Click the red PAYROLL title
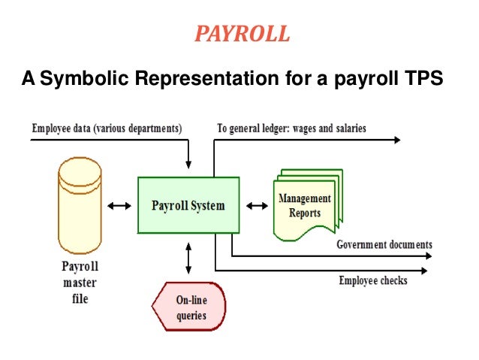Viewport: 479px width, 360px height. pyautogui.click(x=240, y=34)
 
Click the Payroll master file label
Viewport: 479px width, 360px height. pyautogui.click(x=80, y=282)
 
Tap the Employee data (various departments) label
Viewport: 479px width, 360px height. pyautogui.click(x=107, y=129)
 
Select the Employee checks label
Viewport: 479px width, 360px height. pyautogui.click(x=373, y=280)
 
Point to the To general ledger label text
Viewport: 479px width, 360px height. pyautogui.click(x=291, y=129)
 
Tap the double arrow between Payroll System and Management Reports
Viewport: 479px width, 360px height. pyautogui.click(x=258, y=204)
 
